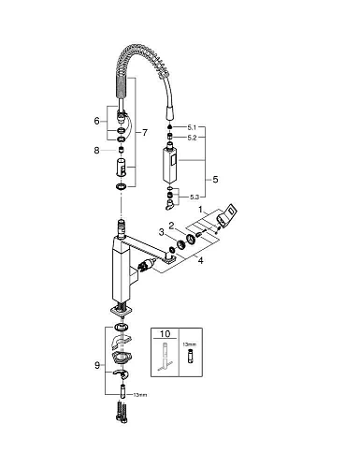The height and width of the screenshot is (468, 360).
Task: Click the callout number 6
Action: pos(95,121)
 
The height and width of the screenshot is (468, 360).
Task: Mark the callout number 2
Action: pos(171,225)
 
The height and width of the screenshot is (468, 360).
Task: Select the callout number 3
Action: pos(162,234)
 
